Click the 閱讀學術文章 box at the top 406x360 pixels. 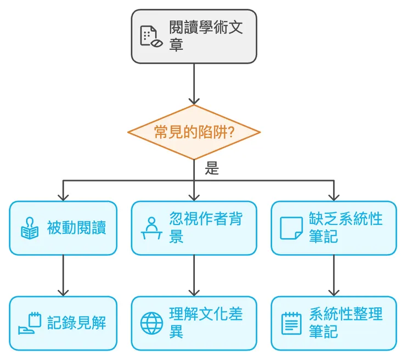(194, 36)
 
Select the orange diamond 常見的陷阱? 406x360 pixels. (194, 132)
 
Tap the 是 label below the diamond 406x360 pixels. (212, 168)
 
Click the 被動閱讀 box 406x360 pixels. (63, 228)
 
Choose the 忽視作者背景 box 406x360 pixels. (194, 228)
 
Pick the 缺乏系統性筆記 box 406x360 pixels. (334, 228)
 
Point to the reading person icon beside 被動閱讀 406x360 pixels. (30, 228)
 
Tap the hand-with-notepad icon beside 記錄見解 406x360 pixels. (30, 323)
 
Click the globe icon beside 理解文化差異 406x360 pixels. (151, 323)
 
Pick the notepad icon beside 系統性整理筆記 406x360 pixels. (291, 323)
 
